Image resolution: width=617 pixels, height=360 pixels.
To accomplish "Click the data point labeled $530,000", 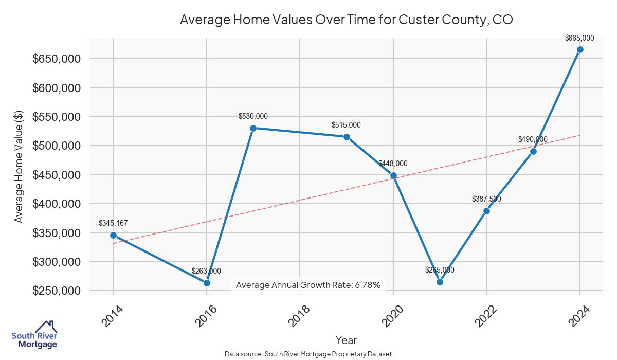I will click(x=253, y=128).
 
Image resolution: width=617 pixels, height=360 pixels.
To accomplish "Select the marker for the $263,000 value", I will click(x=207, y=283).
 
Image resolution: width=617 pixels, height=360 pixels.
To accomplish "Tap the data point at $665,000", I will click(x=580, y=49).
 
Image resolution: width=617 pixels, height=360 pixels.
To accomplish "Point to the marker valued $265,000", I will click(x=440, y=282).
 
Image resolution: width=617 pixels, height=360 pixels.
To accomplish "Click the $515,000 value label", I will click(x=346, y=125).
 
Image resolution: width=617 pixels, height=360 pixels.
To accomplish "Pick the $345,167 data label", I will click(x=113, y=223).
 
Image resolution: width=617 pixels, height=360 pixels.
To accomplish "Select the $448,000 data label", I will click(x=393, y=164).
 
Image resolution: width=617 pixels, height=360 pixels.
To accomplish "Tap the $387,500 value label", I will click(x=486, y=199).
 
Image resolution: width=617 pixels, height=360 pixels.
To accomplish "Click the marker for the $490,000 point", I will click(x=533, y=151).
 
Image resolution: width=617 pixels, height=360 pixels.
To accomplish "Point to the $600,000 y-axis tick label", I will click(x=57, y=88).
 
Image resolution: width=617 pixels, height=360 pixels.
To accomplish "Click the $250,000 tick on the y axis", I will click(x=57, y=291).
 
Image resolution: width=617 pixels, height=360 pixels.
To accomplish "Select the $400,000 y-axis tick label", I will click(x=57, y=204).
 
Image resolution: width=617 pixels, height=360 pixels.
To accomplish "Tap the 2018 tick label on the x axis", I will click(x=300, y=315).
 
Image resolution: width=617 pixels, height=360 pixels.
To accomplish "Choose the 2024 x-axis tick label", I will click(x=580, y=315).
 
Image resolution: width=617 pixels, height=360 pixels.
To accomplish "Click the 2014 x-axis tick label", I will click(x=113, y=315).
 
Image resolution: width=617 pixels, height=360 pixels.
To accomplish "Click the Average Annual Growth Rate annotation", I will click(x=308, y=285).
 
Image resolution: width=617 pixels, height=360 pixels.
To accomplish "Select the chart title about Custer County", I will click(x=347, y=20).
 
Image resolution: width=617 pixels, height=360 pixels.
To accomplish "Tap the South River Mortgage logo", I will click(x=34, y=334).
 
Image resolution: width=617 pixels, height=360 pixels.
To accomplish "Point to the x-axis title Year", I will click(x=346, y=340).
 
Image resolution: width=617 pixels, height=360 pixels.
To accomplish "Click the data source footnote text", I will click(x=308, y=354).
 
